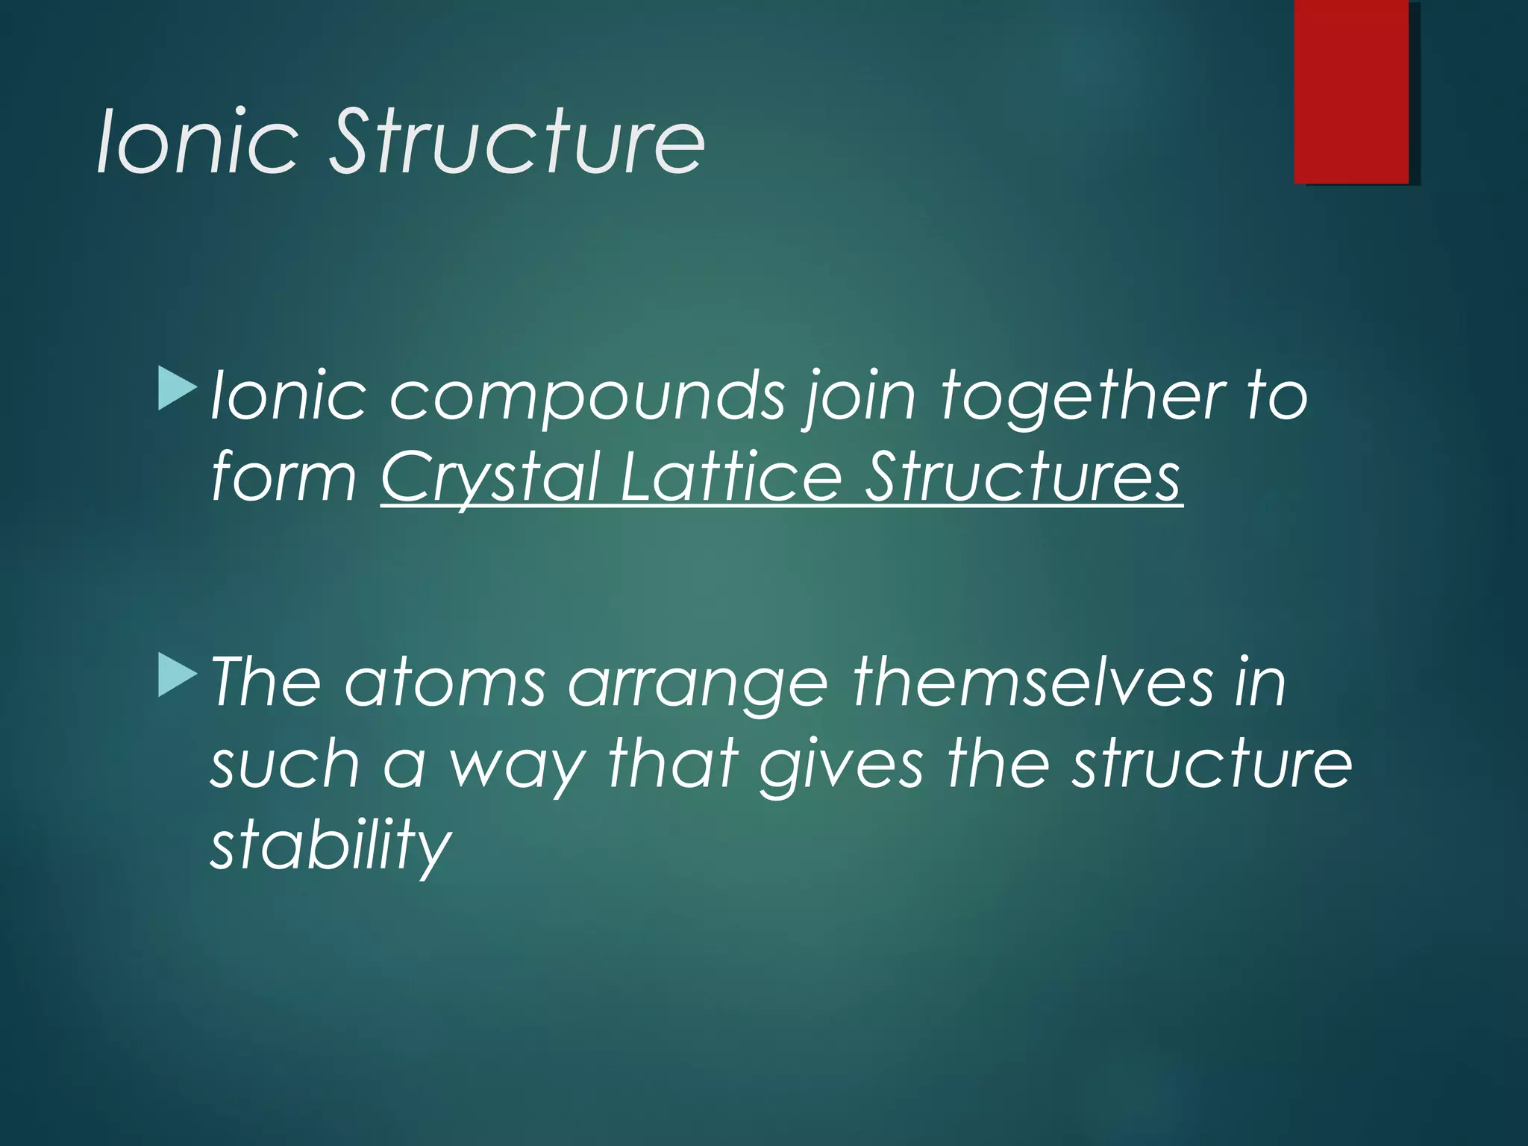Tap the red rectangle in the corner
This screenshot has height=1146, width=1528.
1351,91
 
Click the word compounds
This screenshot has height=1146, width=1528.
587,397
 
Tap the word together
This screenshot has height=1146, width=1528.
1081,397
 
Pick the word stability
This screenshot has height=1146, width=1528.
331,846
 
